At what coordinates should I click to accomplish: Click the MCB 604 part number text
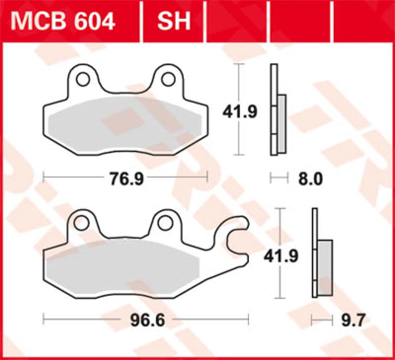click(63, 21)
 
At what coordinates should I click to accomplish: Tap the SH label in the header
click(174, 21)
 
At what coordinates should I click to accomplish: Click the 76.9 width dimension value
click(126, 179)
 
